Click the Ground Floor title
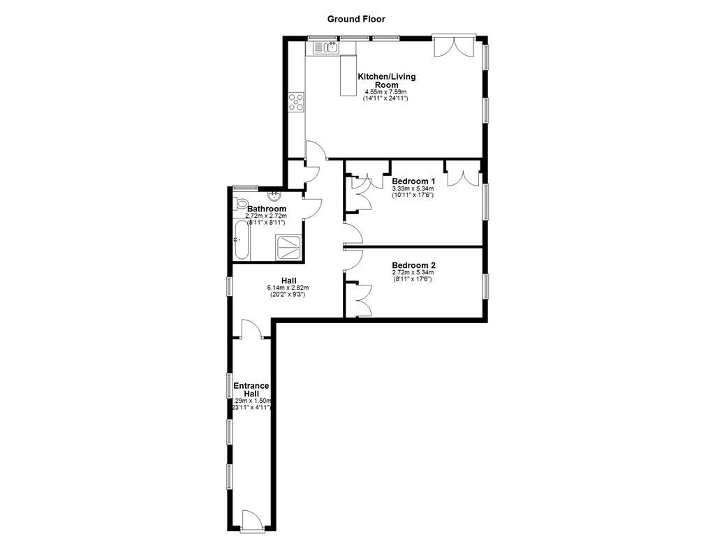[x=357, y=19]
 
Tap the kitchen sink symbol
[x=326, y=47]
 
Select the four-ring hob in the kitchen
[x=296, y=103]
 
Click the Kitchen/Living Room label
[x=382, y=80]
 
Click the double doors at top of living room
[x=455, y=46]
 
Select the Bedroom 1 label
[x=413, y=181]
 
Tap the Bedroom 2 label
[x=413, y=265]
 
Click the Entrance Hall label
[x=251, y=389]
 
